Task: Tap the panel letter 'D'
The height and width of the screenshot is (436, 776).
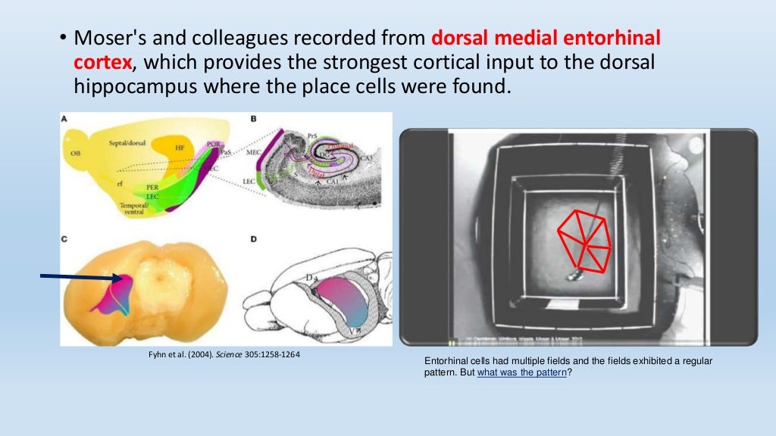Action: (254, 240)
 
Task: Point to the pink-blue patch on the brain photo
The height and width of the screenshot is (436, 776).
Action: (111, 294)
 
